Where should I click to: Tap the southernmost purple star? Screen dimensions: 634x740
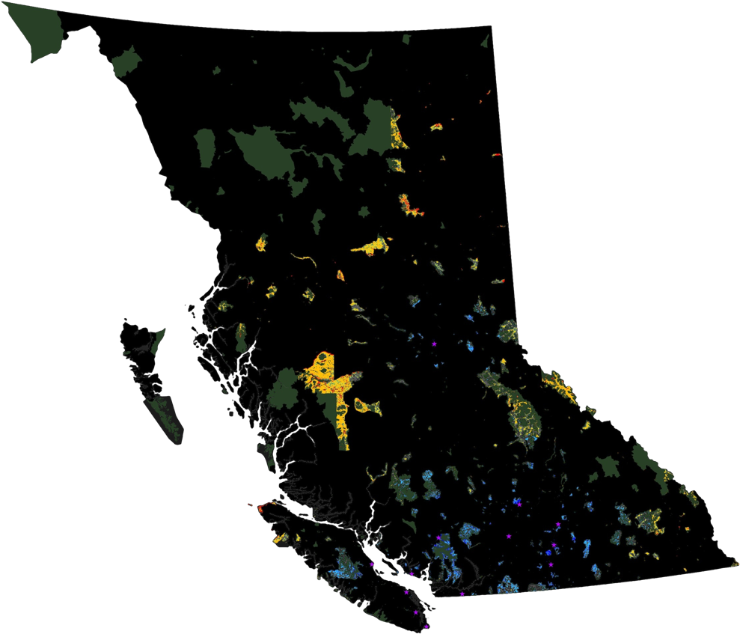pyautogui.click(x=426, y=627)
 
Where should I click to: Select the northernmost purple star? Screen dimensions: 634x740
pyautogui.click(x=434, y=343)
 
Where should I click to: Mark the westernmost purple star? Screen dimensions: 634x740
pyautogui.click(x=371, y=564)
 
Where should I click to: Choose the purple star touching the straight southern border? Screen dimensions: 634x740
pyautogui.click(x=462, y=594)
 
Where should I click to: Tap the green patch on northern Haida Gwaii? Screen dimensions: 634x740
pyautogui.click(x=157, y=341)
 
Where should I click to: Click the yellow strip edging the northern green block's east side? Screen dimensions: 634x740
pyautogui.click(x=397, y=135)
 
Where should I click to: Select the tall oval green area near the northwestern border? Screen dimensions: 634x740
pyautogui.click(x=204, y=147)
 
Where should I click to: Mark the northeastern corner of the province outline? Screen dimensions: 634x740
pyautogui.click(x=492, y=26)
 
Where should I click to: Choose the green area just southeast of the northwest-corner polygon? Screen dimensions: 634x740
pyautogui.click(x=126, y=63)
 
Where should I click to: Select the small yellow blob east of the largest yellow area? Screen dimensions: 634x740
pyautogui.click(x=368, y=406)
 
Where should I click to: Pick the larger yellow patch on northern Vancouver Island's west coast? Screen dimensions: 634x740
pyautogui.click(x=281, y=537)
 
